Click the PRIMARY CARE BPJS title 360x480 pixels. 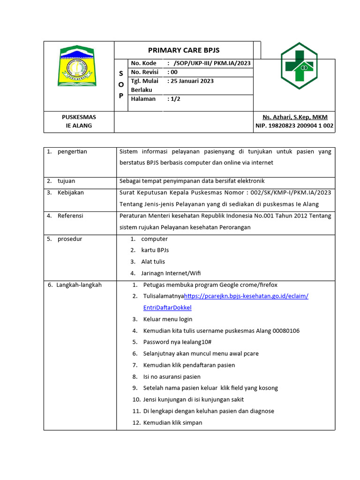(x=184, y=51)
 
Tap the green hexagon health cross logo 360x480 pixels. (x=299, y=66)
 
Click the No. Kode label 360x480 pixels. (x=144, y=63)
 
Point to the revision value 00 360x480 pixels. (x=173, y=72)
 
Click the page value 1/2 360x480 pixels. (x=174, y=99)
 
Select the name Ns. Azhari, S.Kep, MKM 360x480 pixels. (x=295, y=117)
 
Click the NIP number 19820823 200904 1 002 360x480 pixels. (x=294, y=126)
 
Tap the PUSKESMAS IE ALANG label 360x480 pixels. (x=79, y=121)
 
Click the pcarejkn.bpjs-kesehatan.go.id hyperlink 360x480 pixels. (x=246, y=296)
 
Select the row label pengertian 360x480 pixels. (x=72, y=151)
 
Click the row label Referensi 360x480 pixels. (x=70, y=216)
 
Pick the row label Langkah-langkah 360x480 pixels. (x=79, y=285)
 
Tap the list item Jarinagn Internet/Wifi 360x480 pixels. (x=171, y=273)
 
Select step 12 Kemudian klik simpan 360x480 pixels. (x=172, y=423)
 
